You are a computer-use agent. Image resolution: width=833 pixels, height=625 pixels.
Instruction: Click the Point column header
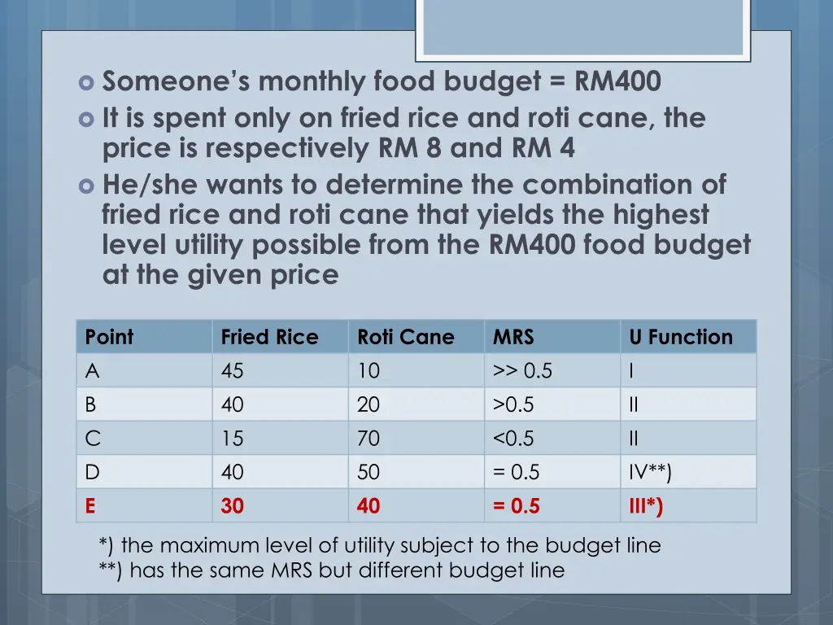click(x=110, y=337)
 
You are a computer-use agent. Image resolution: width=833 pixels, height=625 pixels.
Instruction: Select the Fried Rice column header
click(x=269, y=337)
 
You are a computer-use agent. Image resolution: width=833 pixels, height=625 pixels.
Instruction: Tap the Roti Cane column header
click(x=406, y=337)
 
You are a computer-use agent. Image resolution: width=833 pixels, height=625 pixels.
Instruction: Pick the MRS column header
click(x=513, y=337)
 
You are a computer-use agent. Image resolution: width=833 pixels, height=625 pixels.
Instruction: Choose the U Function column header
click(x=681, y=337)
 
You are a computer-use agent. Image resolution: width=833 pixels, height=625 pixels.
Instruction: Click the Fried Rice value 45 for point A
click(x=232, y=371)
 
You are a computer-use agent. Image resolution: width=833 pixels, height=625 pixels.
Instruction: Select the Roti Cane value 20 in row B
click(x=369, y=405)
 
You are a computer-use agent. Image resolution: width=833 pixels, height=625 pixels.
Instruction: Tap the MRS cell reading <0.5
click(x=513, y=439)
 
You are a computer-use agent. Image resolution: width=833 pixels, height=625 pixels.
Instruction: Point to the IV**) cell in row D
click(x=650, y=473)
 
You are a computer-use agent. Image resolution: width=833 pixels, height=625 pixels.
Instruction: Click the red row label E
click(x=90, y=506)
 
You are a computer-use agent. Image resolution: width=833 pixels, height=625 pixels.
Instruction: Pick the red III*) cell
click(x=646, y=506)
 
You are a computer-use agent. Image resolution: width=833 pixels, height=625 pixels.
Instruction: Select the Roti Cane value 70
click(x=369, y=439)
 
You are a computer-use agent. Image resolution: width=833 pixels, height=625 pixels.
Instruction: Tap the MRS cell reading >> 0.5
click(x=522, y=371)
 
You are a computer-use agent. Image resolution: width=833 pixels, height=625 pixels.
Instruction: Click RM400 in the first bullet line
click(x=617, y=82)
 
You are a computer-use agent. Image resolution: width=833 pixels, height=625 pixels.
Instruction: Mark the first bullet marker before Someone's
click(x=87, y=83)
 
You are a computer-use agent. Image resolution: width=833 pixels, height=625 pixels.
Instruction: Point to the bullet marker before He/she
click(x=87, y=186)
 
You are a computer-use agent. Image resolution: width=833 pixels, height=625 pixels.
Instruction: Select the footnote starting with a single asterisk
click(x=379, y=545)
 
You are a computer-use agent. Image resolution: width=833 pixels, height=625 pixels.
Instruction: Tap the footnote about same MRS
click(x=331, y=570)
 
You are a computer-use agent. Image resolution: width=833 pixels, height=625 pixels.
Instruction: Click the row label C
click(x=93, y=439)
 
